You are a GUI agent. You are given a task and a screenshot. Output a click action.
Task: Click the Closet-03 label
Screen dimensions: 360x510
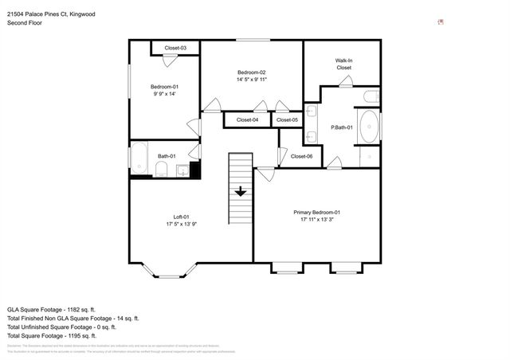pos(175,49)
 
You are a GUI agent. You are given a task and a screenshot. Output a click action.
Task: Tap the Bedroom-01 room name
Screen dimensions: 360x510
pos(164,86)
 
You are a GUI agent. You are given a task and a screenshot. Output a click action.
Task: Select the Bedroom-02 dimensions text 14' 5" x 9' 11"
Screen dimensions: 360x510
pos(251,80)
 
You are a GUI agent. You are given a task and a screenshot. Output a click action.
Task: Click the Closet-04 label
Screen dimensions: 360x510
pos(246,120)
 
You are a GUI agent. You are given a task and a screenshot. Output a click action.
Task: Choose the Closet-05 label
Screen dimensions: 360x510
pos(287,120)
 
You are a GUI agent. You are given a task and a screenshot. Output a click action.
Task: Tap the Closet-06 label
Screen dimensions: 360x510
pos(302,156)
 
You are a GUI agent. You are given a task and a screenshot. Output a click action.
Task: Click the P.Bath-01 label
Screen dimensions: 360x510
pos(342,127)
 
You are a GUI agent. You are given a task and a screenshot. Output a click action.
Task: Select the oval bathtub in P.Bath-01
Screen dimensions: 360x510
pos(370,127)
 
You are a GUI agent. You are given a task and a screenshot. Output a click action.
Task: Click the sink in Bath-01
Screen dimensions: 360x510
pos(182,170)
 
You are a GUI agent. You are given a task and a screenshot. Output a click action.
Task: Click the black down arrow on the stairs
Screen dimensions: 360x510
pos(241,191)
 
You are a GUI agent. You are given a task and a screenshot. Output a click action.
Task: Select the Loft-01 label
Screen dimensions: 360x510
pos(182,217)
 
